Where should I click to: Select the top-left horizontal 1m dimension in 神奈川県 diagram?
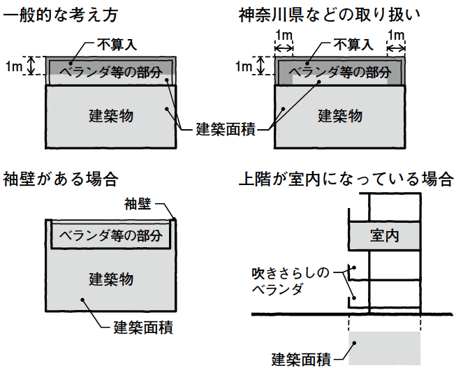point(284,35)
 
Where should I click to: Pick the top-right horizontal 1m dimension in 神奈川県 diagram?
point(396,35)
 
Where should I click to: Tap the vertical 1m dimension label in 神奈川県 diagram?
point(243,66)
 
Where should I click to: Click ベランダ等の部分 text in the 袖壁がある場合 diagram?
point(111,235)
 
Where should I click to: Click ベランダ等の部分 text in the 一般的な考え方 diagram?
point(111,71)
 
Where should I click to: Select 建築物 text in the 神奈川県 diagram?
point(340,115)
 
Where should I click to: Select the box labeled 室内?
point(384,236)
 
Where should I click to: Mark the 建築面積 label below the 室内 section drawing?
point(301,360)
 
